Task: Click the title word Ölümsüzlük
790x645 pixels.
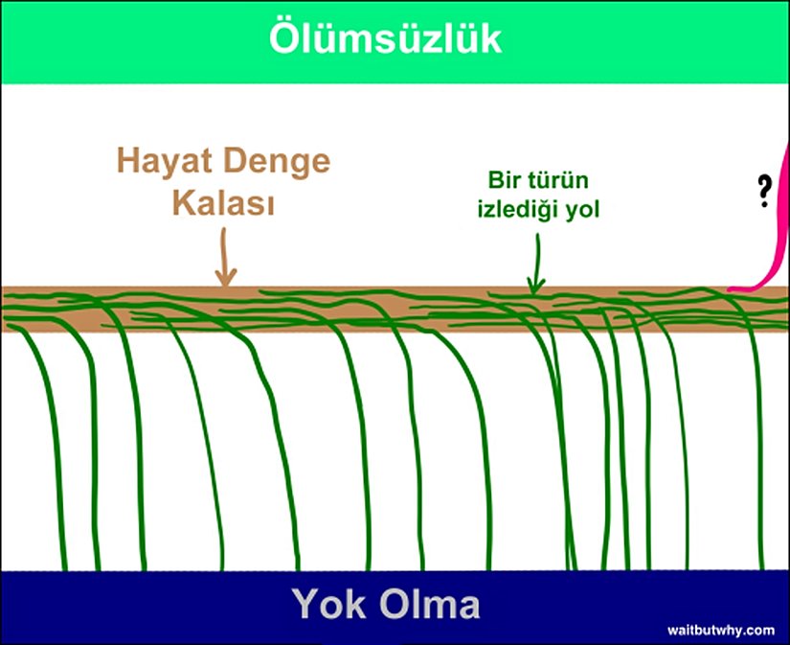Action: (x=386, y=37)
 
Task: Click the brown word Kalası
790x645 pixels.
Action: (x=224, y=203)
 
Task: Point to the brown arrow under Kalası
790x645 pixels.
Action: (x=225, y=257)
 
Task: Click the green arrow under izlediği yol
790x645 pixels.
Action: (x=536, y=264)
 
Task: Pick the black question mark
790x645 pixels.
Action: (x=764, y=191)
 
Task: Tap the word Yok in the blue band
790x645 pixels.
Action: (x=329, y=604)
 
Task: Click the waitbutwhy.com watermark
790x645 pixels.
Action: (x=721, y=630)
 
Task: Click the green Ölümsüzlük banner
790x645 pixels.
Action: (x=395, y=42)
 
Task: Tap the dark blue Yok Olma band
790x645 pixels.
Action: (x=395, y=608)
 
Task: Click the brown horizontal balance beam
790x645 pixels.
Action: (x=395, y=310)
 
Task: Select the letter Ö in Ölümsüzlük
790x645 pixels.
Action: (x=284, y=37)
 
